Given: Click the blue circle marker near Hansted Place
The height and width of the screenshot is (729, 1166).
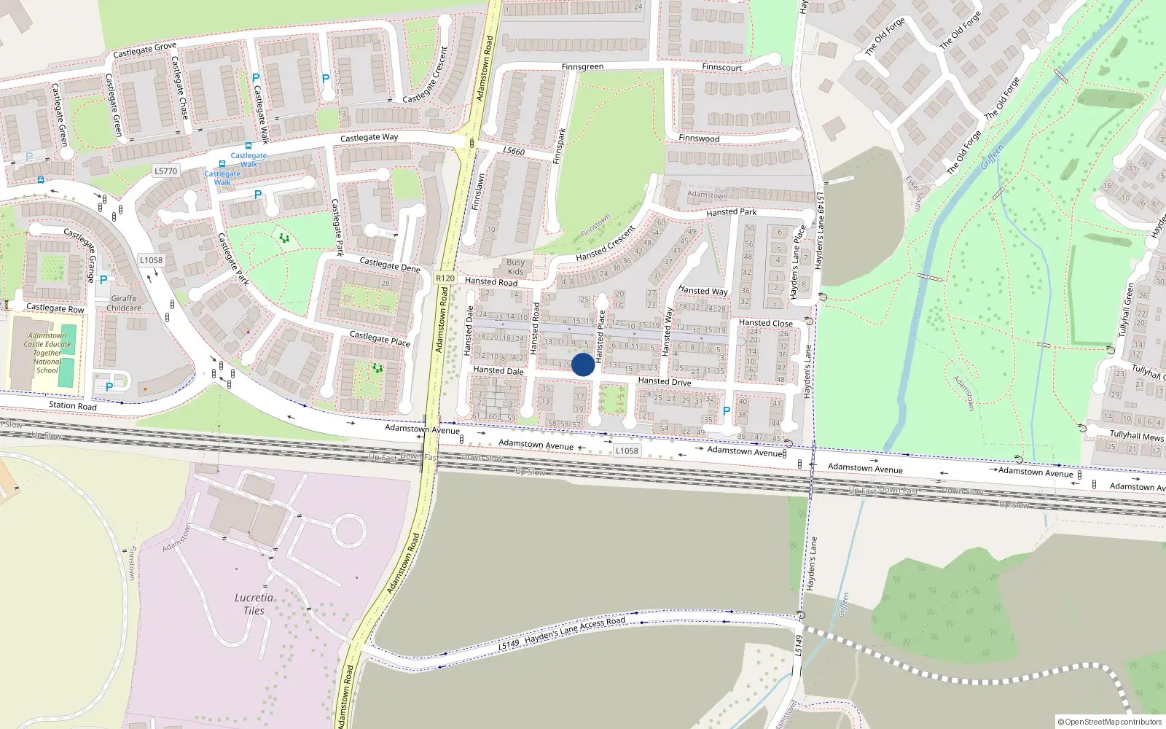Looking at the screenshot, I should pyautogui.click(x=583, y=364).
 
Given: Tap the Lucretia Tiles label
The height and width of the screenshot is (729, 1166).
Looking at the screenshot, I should pyautogui.click(x=254, y=604).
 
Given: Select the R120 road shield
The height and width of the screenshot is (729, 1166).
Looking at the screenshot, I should pyautogui.click(x=445, y=278).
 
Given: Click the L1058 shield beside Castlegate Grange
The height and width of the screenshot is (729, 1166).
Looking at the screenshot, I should pyautogui.click(x=151, y=260).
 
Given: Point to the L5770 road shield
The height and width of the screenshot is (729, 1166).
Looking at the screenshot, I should pyautogui.click(x=165, y=171).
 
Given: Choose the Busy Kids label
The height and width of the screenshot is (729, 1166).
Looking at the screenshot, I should pyautogui.click(x=515, y=267).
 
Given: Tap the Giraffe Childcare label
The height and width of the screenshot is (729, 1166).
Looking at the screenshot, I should pyautogui.click(x=124, y=303).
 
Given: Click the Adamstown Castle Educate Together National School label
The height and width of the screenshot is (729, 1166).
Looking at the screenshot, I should pyautogui.click(x=47, y=354).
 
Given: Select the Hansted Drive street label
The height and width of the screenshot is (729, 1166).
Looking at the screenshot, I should pyautogui.click(x=664, y=381).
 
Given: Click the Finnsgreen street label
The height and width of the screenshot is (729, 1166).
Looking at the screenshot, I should pyautogui.click(x=582, y=67).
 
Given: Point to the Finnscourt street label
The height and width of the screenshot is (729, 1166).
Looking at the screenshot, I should pyautogui.click(x=721, y=68).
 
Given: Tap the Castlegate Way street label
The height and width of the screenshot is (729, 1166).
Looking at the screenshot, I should pyautogui.click(x=369, y=138).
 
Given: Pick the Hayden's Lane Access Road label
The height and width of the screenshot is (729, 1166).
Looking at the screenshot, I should pyautogui.click(x=574, y=632).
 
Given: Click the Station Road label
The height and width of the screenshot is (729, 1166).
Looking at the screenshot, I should pyautogui.click(x=72, y=405).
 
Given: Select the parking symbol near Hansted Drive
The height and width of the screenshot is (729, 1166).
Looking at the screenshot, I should pyautogui.click(x=726, y=412).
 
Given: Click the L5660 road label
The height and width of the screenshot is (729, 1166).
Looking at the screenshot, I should pyautogui.click(x=513, y=151).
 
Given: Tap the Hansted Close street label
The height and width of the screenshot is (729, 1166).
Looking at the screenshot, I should pyautogui.click(x=765, y=323).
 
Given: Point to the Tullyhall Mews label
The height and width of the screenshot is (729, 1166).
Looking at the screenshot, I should pyautogui.click(x=1136, y=436).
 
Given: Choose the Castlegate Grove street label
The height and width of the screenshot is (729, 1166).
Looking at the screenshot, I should pyautogui.click(x=144, y=50).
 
